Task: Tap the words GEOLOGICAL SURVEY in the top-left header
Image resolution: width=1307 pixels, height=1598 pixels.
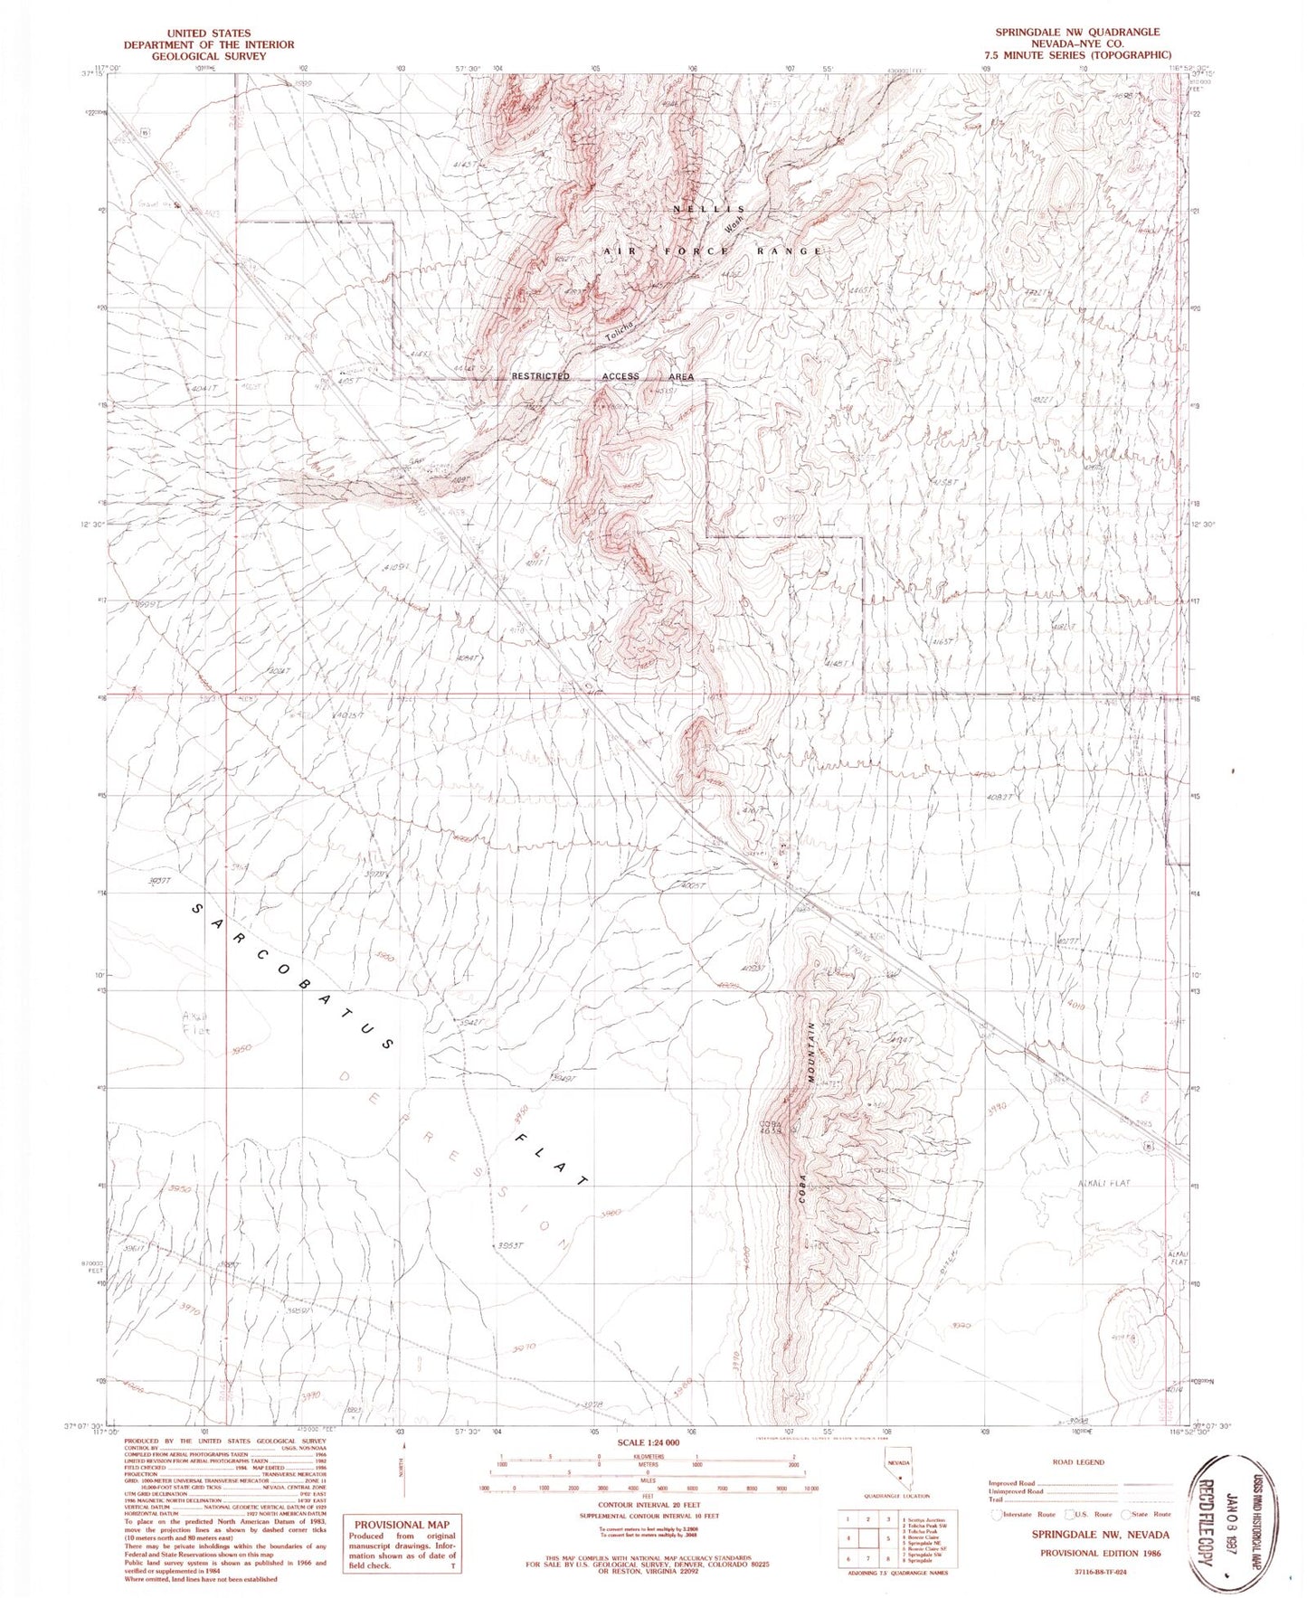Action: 209,56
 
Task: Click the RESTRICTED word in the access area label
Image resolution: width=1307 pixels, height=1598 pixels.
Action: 541,376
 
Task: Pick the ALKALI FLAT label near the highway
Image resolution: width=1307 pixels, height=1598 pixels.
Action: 1103,1183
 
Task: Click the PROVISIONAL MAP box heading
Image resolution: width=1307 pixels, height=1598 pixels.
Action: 401,1524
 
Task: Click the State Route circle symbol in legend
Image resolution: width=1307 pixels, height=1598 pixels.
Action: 1126,1513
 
